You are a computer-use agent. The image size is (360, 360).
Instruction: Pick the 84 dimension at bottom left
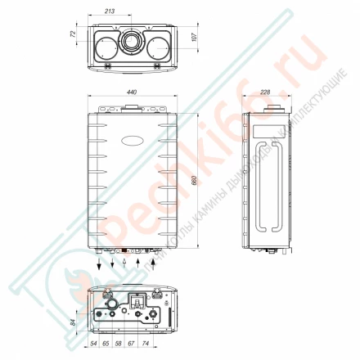pos(71,322)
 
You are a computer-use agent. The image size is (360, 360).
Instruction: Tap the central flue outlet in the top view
pos(131,43)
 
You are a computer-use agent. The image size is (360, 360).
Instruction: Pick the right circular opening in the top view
pos(156,46)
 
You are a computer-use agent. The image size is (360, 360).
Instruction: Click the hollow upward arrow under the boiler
pos(124,262)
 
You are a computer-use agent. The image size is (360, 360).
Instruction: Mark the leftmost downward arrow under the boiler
pos(99,263)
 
